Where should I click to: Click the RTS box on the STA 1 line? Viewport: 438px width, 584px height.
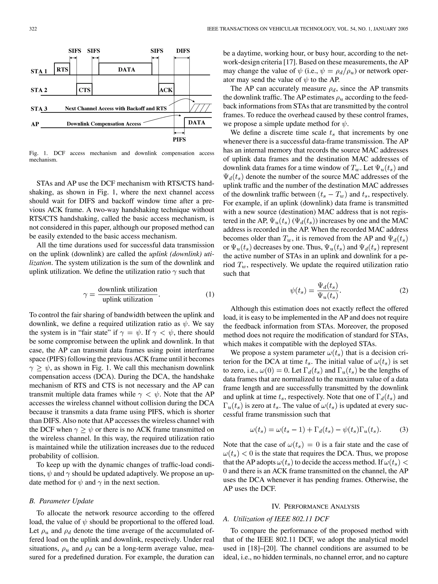(x=62, y=69)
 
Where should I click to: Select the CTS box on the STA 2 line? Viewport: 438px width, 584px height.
(x=84, y=90)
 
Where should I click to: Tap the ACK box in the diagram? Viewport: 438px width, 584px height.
(x=166, y=90)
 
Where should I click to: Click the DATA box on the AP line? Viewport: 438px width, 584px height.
(x=197, y=122)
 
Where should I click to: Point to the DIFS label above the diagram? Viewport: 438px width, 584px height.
(x=183, y=51)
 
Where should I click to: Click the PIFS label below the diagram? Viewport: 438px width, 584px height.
(x=179, y=139)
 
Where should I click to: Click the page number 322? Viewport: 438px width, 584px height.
(x=33, y=29)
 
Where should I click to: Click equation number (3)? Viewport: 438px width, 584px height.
(x=404, y=430)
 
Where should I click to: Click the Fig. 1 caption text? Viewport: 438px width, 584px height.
(x=121, y=156)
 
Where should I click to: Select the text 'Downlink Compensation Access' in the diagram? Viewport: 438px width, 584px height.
(x=104, y=124)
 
